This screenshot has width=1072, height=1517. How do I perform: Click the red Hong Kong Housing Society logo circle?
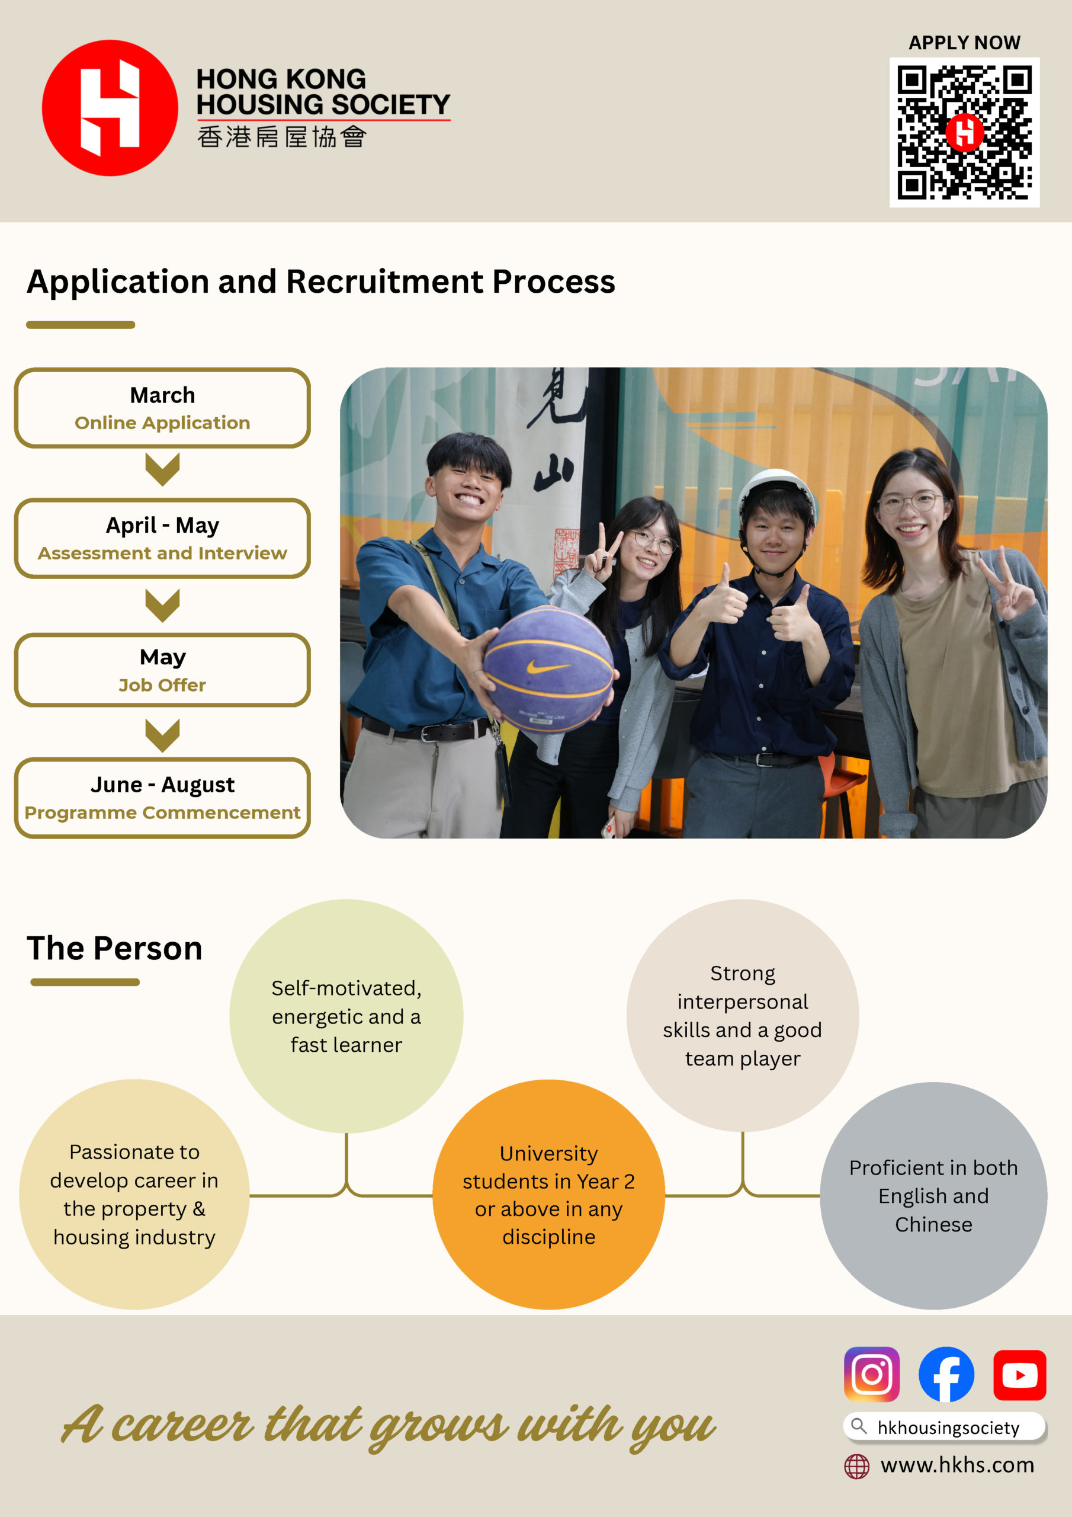point(110,108)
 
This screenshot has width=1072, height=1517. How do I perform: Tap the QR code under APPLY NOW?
point(964,132)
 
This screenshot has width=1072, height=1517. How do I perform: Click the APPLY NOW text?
point(964,43)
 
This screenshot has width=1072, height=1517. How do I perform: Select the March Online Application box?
point(162,408)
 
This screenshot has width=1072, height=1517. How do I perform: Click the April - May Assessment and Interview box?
point(162,539)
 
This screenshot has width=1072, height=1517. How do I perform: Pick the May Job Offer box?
point(162,670)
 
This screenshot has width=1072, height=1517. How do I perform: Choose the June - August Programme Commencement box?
point(162,798)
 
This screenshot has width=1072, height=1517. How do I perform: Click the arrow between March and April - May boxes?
point(162,469)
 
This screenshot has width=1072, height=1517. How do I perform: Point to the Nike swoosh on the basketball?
point(547,668)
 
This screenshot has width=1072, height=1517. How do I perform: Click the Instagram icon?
point(872,1374)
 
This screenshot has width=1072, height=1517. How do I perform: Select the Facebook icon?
point(946,1374)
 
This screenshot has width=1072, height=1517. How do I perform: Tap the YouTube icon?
point(1019,1375)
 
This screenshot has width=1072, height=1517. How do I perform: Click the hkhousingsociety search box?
point(945,1427)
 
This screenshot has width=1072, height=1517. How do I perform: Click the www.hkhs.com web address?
point(957,1465)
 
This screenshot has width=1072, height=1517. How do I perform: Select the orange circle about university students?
point(548,1195)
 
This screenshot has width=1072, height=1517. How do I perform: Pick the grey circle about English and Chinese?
point(933,1196)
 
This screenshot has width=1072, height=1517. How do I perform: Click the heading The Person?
point(114,948)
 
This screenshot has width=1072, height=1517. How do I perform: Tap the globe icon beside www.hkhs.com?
point(856,1466)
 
